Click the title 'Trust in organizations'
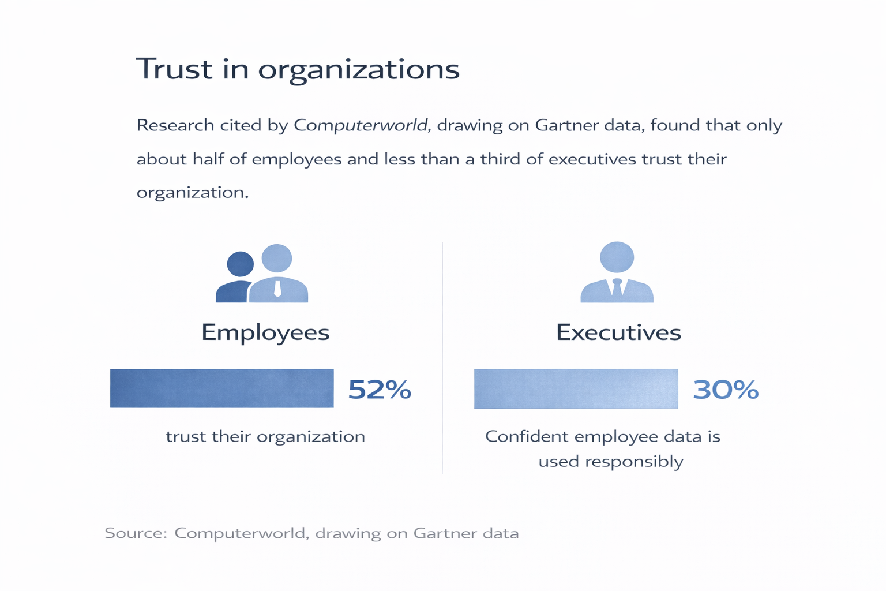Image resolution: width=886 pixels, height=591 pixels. pyautogui.click(x=298, y=69)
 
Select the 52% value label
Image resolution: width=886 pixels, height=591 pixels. pyautogui.click(x=380, y=390)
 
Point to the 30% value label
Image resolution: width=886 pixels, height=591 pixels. pyautogui.click(x=726, y=390)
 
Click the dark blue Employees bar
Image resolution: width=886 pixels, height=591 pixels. pyautogui.click(x=221, y=388)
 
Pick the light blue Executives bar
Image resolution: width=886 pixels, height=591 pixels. pyautogui.click(x=576, y=389)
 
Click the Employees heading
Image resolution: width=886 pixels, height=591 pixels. pyautogui.click(x=265, y=332)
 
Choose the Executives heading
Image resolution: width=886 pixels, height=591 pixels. pyautogui.click(x=618, y=332)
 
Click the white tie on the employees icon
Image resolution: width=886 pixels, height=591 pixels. pyautogui.click(x=278, y=288)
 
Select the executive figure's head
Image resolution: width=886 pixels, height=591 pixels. pyautogui.click(x=617, y=257)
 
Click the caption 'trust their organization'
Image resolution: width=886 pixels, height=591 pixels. pyautogui.click(x=265, y=436)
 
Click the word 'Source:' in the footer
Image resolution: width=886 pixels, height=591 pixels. pyautogui.click(x=136, y=533)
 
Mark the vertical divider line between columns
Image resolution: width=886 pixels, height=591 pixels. pyautogui.click(x=442, y=358)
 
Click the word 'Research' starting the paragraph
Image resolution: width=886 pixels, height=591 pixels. pyautogui.click(x=175, y=125)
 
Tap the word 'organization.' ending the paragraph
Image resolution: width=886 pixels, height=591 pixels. pyautogui.click(x=193, y=193)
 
